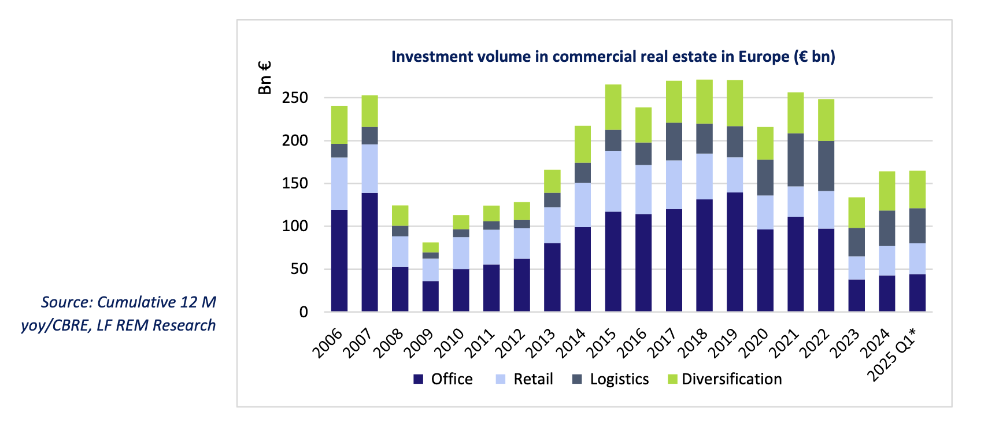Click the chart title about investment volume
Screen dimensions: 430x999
coord(613,57)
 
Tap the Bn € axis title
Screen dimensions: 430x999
coord(265,78)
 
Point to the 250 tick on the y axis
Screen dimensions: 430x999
coord(295,98)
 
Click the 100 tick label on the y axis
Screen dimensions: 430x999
coord(295,227)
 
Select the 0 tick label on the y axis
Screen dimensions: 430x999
coord(304,312)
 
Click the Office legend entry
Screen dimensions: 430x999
coord(452,379)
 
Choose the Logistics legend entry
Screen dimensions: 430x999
coord(619,379)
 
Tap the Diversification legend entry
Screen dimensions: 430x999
coord(731,379)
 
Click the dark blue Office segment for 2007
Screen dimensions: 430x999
coord(370,252)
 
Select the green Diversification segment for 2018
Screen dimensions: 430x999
coord(704,102)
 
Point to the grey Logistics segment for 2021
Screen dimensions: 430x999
coord(795,160)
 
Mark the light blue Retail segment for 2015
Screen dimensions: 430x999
coord(613,181)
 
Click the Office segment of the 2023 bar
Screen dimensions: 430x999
coord(857,295)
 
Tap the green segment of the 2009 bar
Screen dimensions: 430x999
coord(431,247)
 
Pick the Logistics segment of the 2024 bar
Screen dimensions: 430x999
coord(887,228)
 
